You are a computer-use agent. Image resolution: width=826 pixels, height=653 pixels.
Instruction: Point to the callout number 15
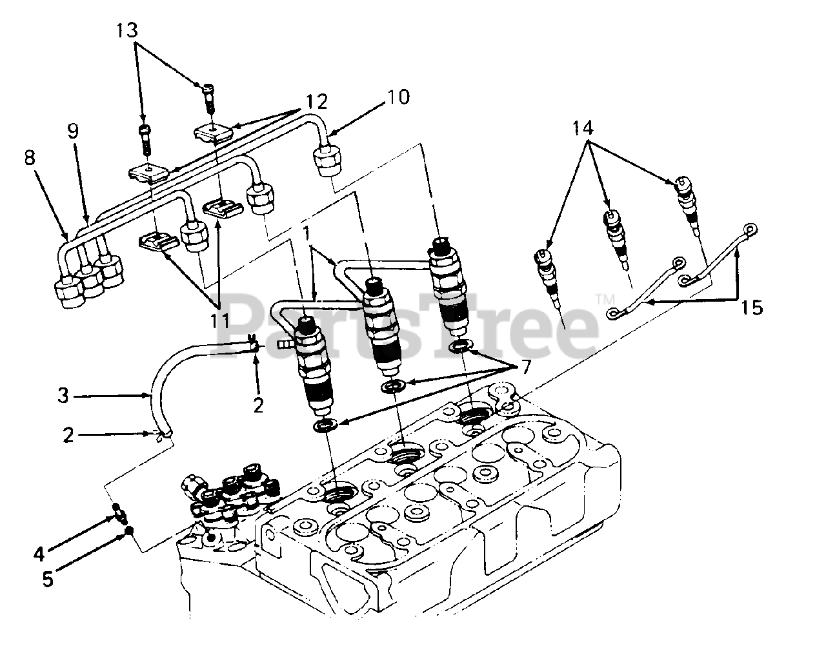click(x=751, y=307)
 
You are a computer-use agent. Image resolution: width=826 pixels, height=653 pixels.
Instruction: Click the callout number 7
click(x=525, y=368)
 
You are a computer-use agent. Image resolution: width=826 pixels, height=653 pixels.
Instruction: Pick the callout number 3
click(x=63, y=395)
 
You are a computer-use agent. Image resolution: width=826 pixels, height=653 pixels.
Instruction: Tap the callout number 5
click(x=48, y=578)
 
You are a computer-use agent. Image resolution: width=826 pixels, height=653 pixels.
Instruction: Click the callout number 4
click(x=39, y=553)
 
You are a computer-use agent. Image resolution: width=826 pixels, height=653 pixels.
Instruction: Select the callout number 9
click(x=73, y=131)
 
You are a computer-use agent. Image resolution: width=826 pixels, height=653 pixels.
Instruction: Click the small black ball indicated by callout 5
click(x=129, y=531)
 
